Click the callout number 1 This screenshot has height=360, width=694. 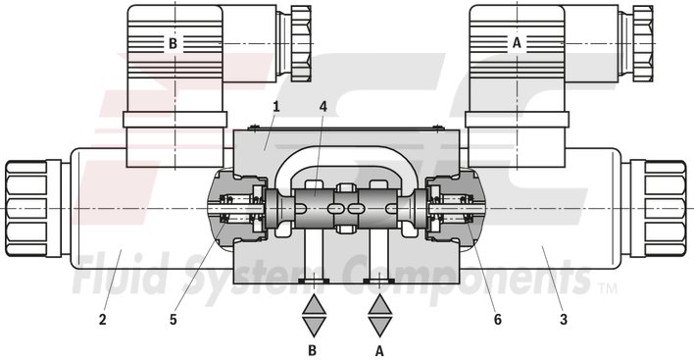(277, 106)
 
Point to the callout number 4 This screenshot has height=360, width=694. (325, 106)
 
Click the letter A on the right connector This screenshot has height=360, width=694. (518, 42)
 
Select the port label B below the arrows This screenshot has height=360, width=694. (313, 347)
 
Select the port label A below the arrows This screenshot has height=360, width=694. (378, 347)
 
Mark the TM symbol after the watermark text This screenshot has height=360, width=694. (608, 290)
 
